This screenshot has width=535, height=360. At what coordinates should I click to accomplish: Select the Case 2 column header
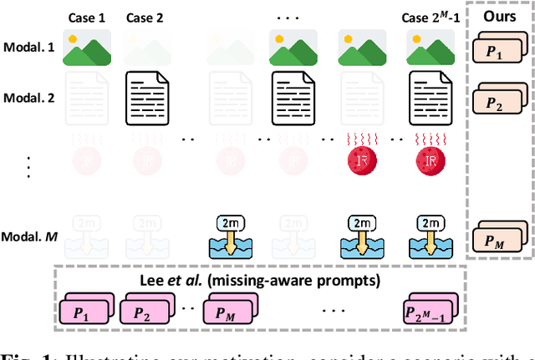point(145,18)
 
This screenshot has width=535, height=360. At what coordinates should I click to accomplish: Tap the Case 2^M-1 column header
point(428,18)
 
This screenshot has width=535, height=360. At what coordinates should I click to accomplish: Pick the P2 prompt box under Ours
point(497,102)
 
